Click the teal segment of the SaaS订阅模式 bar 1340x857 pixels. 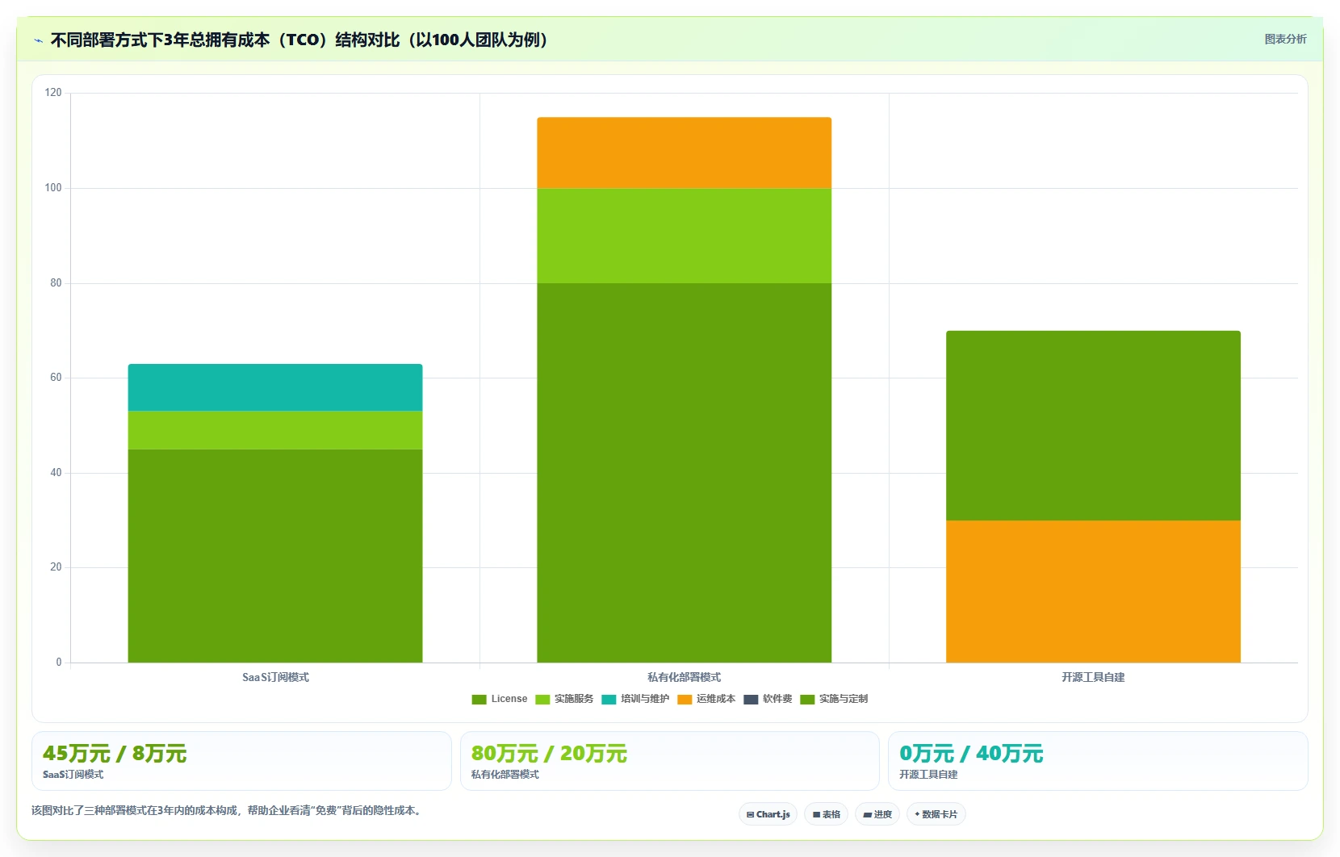[x=275, y=387]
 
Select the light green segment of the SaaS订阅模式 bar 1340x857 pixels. [x=275, y=431]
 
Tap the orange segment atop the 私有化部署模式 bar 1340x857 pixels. [x=684, y=153]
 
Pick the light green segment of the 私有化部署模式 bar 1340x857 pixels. [x=684, y=236]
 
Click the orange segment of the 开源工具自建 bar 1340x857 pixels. [x=1093, y=592]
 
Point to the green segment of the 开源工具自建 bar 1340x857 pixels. [x=1093, y=426]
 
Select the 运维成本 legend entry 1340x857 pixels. [x=706, y=699]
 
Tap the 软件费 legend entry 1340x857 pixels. [x=768, y=699]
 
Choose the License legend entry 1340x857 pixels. [x=500, y=699]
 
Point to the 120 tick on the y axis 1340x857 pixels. [x=53, y=92]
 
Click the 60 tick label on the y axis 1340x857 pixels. [x=56, y=378]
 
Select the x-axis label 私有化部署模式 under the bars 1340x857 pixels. [x=684, y=677]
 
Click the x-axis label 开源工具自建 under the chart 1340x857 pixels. [x=1093, y=677]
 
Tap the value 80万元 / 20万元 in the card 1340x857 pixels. [x=549, y=754]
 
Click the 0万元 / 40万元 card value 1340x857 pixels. [x=971, y=754]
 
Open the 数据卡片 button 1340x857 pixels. [x=936, y=814]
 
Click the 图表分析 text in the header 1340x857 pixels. [x=1286, y=39]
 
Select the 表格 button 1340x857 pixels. [x=826, y=814]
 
